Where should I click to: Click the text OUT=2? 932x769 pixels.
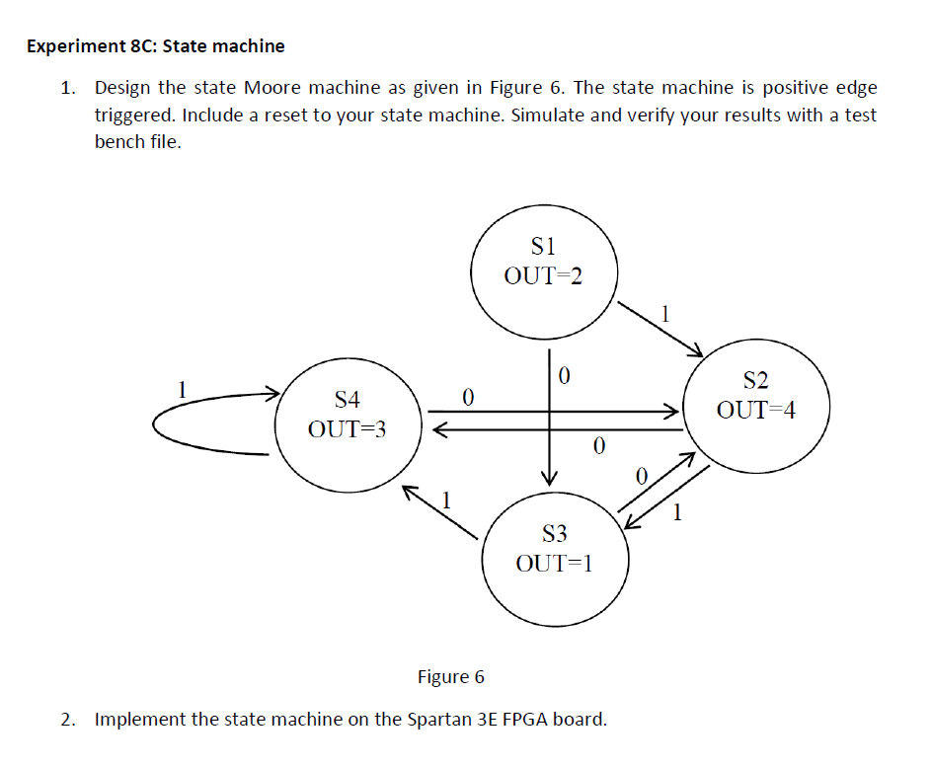(x=543, y=275)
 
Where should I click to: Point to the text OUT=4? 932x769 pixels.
(x=755, y=410)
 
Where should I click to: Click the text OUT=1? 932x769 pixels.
(x=554, y=564)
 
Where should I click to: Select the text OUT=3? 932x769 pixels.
(x=348, y=430)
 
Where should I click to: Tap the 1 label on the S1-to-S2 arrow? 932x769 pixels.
(x=665, y=316)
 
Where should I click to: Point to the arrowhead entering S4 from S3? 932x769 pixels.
(x=412, y=492)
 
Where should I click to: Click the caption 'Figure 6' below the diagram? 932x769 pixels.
(x=451, y=677)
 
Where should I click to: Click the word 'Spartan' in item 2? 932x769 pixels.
(x=439, y=719)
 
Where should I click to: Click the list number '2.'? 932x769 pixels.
(x=67, y=719)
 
